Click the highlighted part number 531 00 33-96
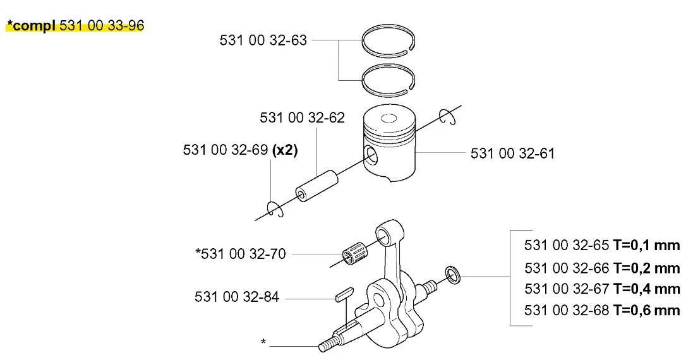point(102,26)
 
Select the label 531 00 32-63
point(263,40)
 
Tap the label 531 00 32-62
point(302,117)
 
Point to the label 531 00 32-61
point(512,153)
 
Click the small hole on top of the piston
point(389,118)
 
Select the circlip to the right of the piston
point(447,117)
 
